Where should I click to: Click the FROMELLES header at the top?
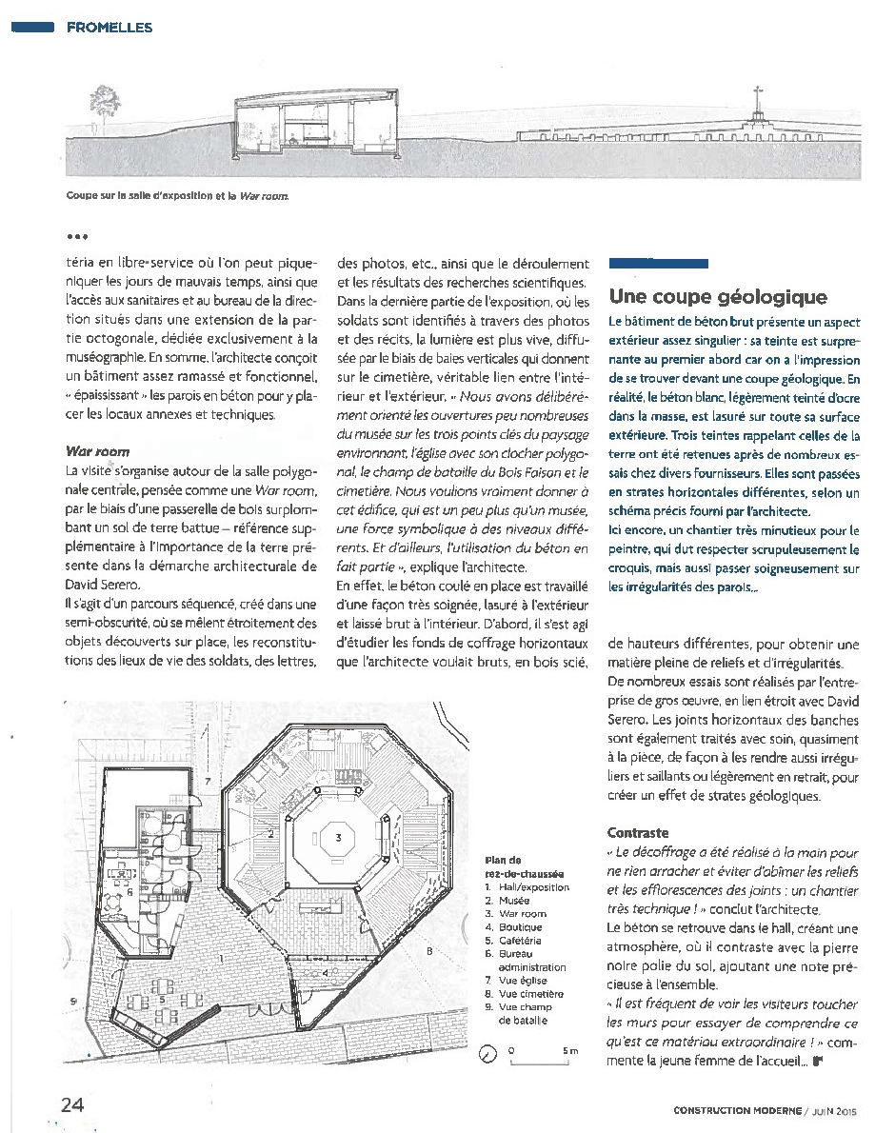[x=109, y=28]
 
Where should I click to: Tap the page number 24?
[x=72, y=1104]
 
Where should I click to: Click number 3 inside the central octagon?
[x=338, y=838]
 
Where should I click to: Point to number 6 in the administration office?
[x=129, y=893]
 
